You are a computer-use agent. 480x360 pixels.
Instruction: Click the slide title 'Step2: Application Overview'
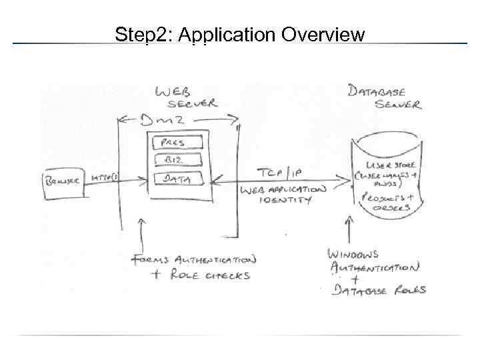pos(239,34)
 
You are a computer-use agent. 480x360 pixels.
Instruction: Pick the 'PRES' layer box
pos(177,143)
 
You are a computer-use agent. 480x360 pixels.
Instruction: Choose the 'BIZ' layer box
pos(177,159)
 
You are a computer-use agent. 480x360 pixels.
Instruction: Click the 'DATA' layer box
pos(177,178)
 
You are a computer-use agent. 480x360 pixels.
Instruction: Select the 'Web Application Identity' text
pos(283,194)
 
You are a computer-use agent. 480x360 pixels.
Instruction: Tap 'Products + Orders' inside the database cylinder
pos(387,202)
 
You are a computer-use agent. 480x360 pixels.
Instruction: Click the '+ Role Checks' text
pos(190,275)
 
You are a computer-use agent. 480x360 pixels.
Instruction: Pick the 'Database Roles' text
pos(381,290)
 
